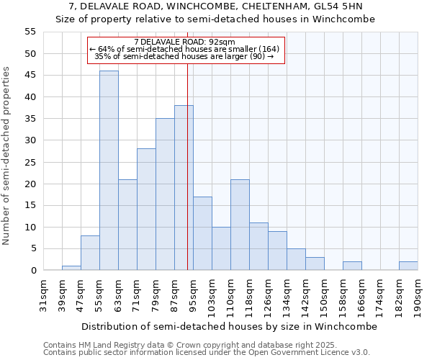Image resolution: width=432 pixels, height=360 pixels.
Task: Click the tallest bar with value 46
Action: coord(109,171)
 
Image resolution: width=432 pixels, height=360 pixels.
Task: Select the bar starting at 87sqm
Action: coord(184,188)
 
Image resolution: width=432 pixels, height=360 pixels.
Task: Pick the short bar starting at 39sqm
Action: coord(71,268)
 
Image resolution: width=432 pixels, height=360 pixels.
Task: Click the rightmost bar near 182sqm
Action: coord(408,266)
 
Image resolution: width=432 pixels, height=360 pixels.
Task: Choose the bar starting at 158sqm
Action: coord(352,266)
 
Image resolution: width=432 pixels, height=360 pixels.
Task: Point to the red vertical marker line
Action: coord(187,166)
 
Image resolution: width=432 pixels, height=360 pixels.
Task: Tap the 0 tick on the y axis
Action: coord(33,271)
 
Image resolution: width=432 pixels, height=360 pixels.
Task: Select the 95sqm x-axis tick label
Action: coord(193,294)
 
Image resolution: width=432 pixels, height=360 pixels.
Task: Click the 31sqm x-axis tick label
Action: coord(43,294)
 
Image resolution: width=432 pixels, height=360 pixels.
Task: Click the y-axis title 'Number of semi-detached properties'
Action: coord(6,156)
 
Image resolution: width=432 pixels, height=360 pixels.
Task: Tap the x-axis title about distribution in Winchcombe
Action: coord(229,326)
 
